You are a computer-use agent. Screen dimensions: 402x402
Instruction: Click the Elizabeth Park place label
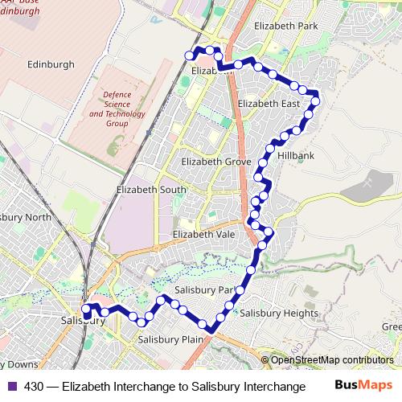coord(285,27)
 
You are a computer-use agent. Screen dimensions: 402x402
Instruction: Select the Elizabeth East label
coord(269,104)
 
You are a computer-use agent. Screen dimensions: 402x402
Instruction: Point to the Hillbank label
coord(296,154)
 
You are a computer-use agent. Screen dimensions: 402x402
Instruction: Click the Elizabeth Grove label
coord(216,162)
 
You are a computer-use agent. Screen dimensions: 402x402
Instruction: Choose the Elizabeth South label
coord(151,190)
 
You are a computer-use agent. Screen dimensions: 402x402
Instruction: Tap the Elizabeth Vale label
coord(205,234)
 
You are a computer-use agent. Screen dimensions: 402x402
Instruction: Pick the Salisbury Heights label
coord(279,312)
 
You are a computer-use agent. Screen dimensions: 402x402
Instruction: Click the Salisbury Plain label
coord(170,339)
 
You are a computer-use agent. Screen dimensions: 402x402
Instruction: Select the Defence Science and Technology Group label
coord(117,109)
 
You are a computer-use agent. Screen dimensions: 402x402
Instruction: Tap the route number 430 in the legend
coord(34,386)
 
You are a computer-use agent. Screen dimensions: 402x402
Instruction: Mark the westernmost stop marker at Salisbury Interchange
coord(86,307)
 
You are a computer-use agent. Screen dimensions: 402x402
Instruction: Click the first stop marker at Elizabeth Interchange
coord(190,55)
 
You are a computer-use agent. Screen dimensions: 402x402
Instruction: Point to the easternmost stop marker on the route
coord(315,100)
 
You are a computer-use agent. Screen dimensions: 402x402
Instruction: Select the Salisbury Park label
coord(204,289)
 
